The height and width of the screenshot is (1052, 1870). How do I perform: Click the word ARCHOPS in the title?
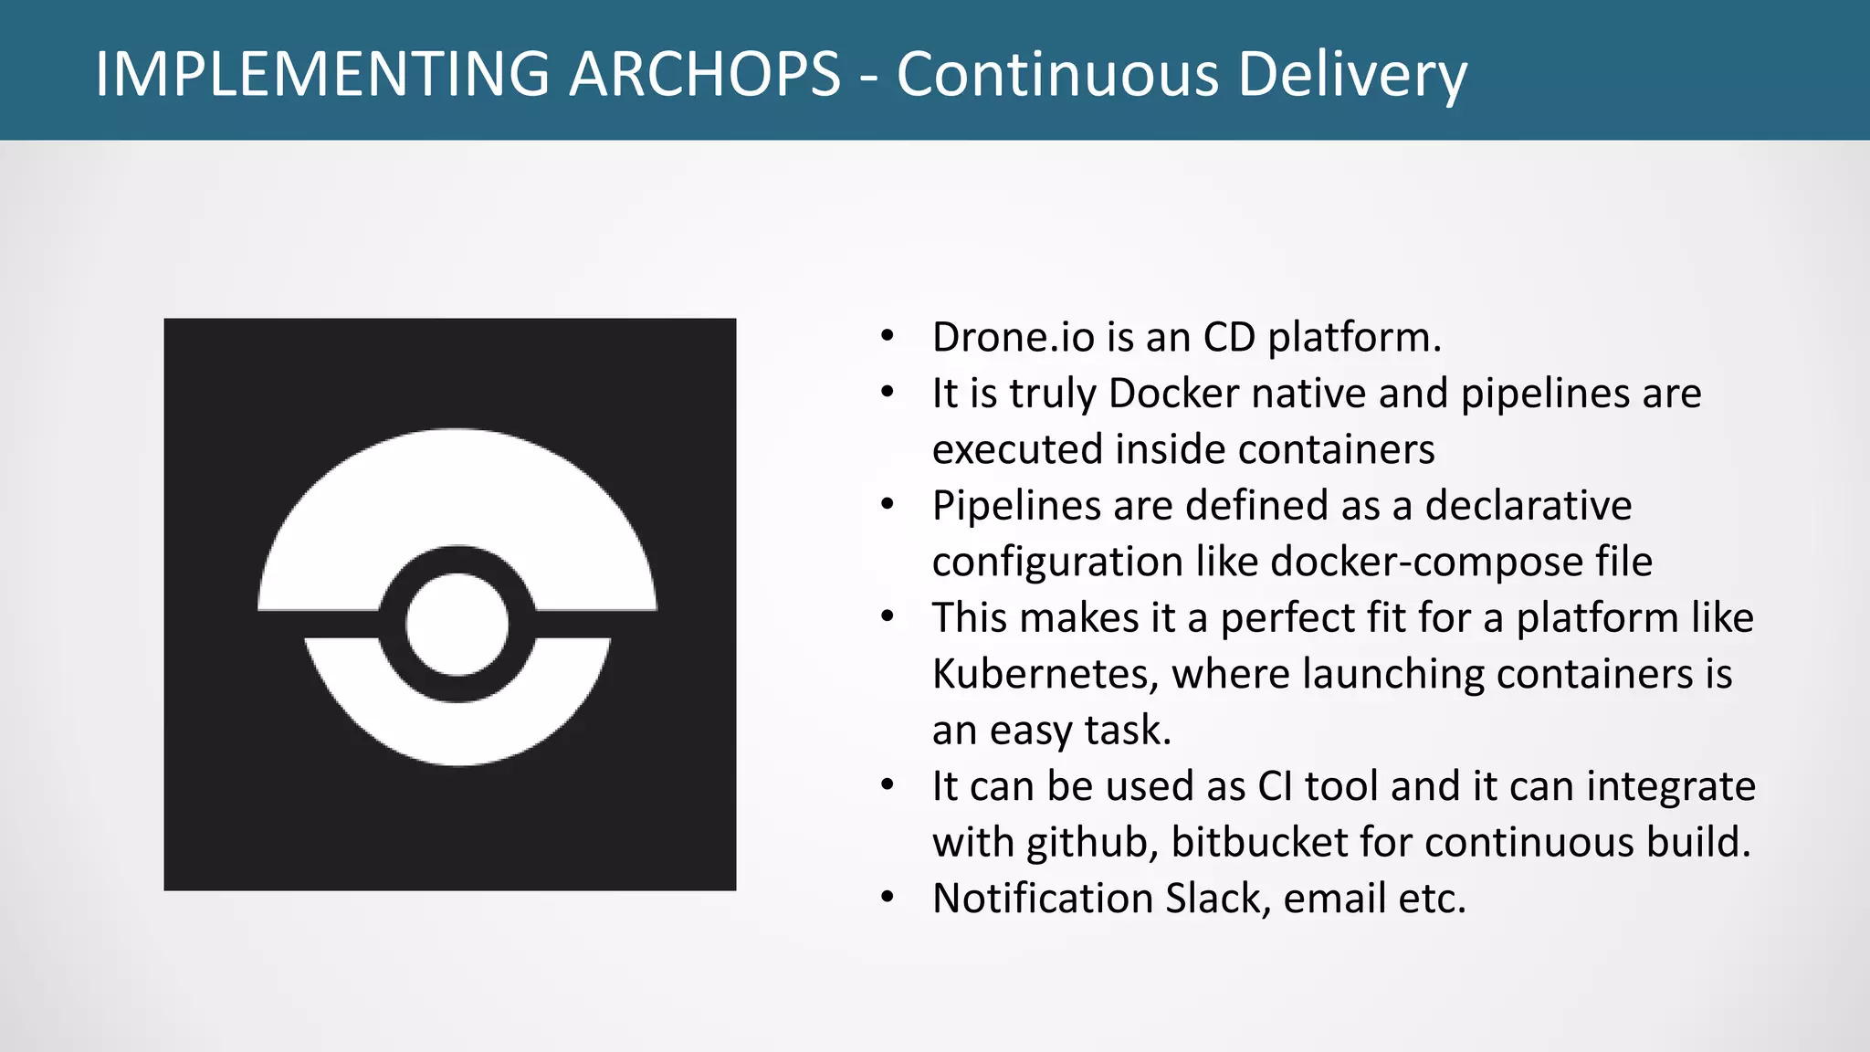pyautogui.click(x=704, y=73)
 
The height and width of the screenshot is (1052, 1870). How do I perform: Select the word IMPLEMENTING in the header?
pyautogui.click(x=322, y=73)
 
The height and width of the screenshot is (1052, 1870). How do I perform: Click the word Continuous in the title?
pyautogui.click(x=1057, y=73)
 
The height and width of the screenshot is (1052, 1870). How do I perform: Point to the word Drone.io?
pyautogui.click(x=1013, y=337)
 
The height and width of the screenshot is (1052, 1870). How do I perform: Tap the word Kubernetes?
pyautogui.click(x=1045, y=674)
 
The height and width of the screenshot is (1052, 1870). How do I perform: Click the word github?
pyautogui.click(x=1091, y=843)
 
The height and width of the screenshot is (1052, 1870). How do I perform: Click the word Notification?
pyautogui.click(x=1042, y=899)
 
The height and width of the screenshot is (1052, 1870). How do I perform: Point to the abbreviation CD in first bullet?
pyautogui.click(x=1229, y=337)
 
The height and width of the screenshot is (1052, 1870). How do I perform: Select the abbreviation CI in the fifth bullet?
pyautogui.click(x=1275, y=786)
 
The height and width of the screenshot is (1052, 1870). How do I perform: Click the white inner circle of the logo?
pyautogui.click(x=457, y=625)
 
